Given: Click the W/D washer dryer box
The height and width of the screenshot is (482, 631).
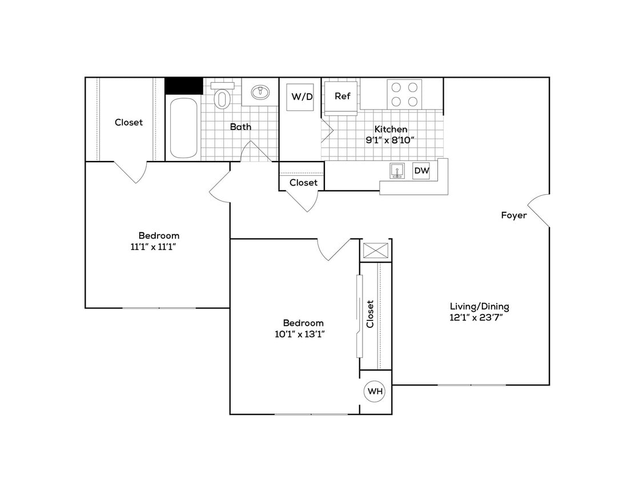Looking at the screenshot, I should pyautogui.click(x=302, y=97).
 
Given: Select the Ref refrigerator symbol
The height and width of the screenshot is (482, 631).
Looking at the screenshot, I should pyautogui.click(x=342, y=97).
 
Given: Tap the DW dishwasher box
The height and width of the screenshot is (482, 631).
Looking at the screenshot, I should pyautogui.click(x=421, y=170).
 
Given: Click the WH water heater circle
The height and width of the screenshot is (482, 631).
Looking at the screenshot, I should pyautogui.click(x=375, y=391).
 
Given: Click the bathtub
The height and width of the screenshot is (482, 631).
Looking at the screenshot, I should pyautogui.click(x=183, y=128).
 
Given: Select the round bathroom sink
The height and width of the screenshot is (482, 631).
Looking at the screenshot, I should pyautogui.click(x=262, y=92).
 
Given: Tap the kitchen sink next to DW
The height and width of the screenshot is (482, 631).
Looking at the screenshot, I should pyautogui.click(x=398, y=171).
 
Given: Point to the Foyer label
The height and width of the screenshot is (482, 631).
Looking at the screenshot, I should pyautogui.click(x=514, y=215).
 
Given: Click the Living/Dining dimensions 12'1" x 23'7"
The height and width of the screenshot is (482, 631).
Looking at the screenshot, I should pyautogui.click(x=479, y=318).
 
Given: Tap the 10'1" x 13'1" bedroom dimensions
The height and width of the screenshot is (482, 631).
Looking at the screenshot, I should pyautogui.click(x=303, y=334).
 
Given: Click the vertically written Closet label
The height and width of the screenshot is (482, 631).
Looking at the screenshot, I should pyautogui.click(x=370, y=314).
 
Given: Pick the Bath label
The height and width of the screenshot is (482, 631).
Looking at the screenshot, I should pyautogui.click(x=240, y=127).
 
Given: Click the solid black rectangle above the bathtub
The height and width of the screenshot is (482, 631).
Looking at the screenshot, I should pyautogui.click(x=184, y=86).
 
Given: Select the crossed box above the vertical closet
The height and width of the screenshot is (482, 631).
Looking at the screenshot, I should pyautogui.click(x=376, y=251).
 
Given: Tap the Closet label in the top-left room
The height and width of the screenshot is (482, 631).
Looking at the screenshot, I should pyautogui.click(x=128, y=122).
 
